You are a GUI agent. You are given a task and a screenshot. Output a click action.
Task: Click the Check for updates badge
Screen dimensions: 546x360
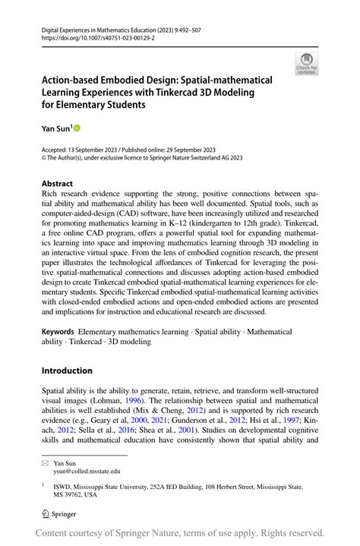(x=308, y=63)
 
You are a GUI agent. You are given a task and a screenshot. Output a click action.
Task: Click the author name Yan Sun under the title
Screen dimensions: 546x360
(x=55, y=130)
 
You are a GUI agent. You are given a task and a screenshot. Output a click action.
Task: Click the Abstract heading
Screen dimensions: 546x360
(x=57, y=184)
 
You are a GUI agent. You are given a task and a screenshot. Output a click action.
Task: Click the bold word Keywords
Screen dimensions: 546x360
(x=58, y=331)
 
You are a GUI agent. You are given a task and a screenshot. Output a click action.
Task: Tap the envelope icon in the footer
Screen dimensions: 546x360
(x=45, y=462)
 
